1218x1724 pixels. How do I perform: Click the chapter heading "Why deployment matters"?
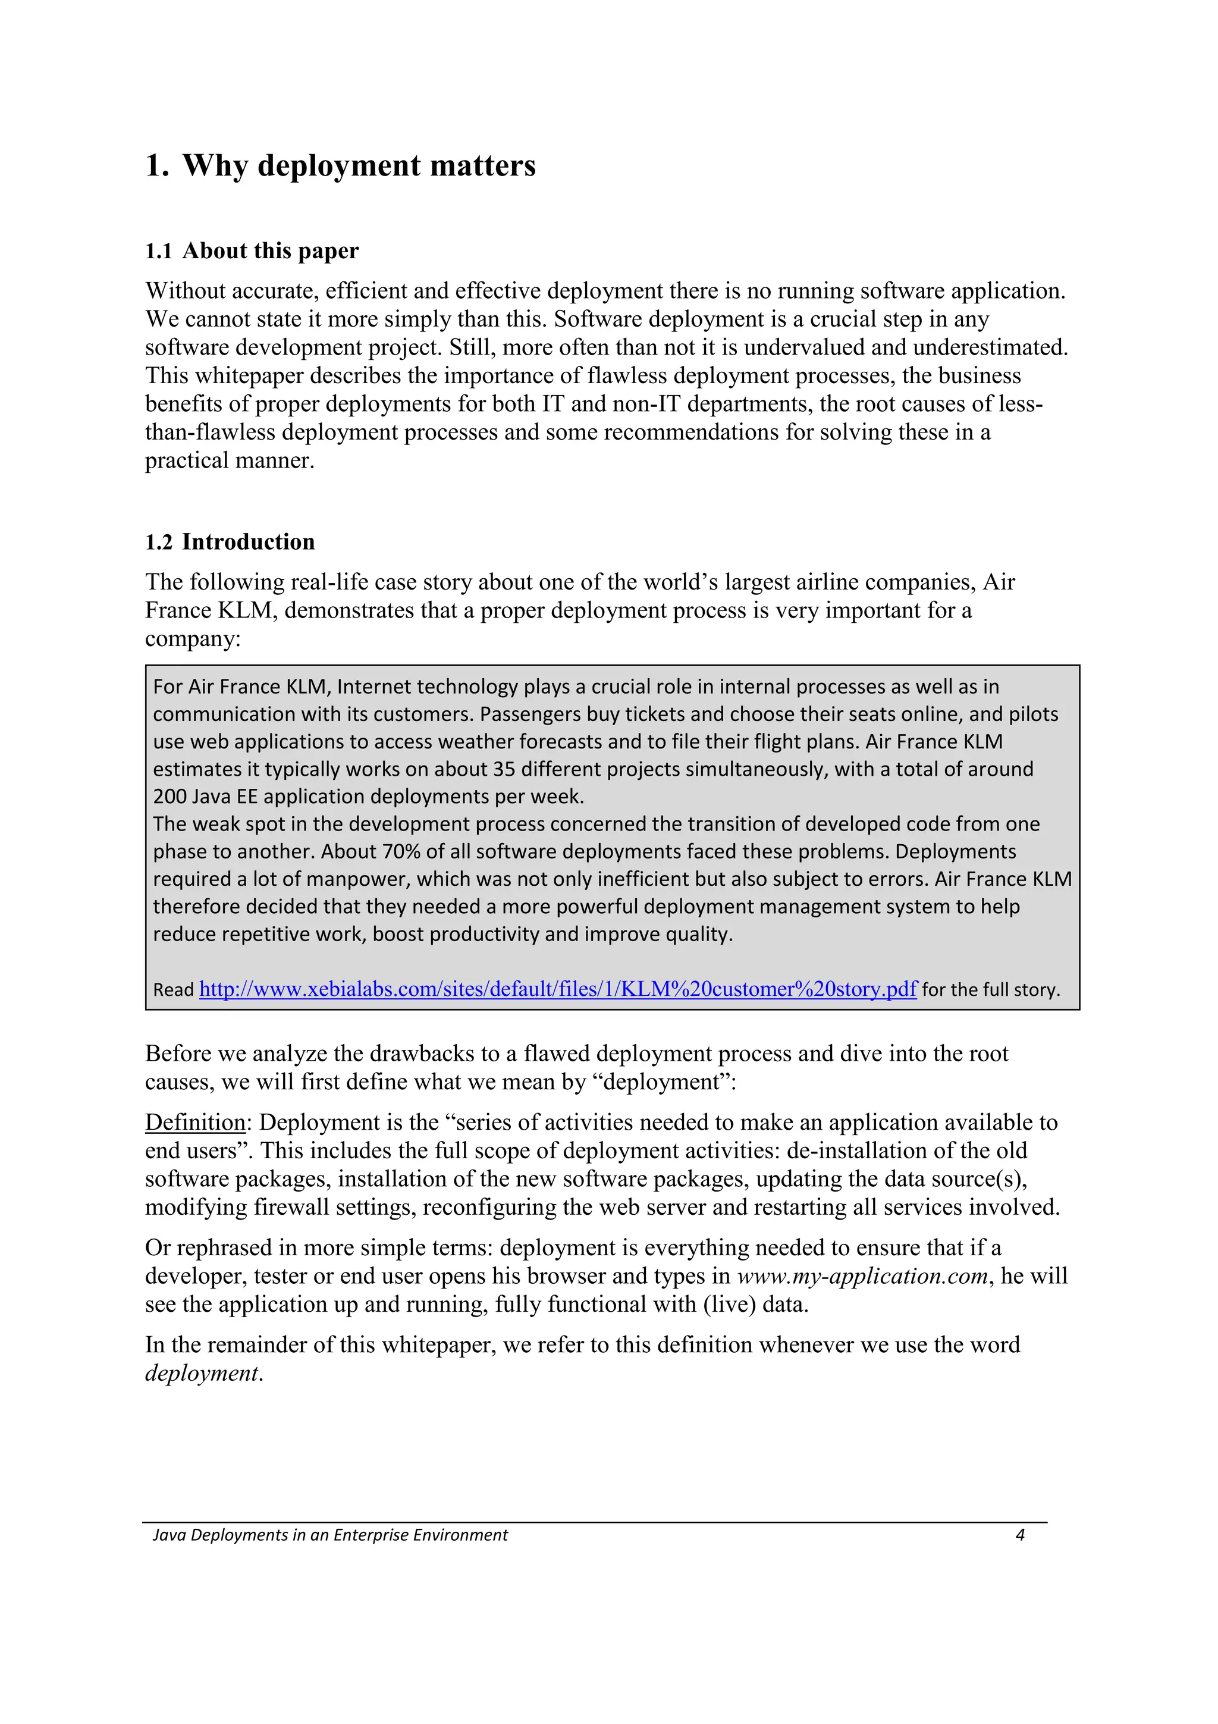click(x=359, y=165)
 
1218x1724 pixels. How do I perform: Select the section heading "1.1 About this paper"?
click(x=252, y=251)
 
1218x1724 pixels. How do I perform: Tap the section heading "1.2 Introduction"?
click(x=230, y=542)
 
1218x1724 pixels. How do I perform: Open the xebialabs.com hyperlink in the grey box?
click(x=558, y=989)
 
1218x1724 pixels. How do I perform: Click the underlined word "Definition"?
click(x=195, y=1123)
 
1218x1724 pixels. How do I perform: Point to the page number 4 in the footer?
click(x=1020, y=1535)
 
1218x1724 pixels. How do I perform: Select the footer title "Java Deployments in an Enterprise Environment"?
click(x=330, y=1535)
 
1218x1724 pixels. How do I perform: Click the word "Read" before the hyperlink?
click(x=173, y=990)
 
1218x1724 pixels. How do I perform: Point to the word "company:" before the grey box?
click(x=193, y=639)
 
